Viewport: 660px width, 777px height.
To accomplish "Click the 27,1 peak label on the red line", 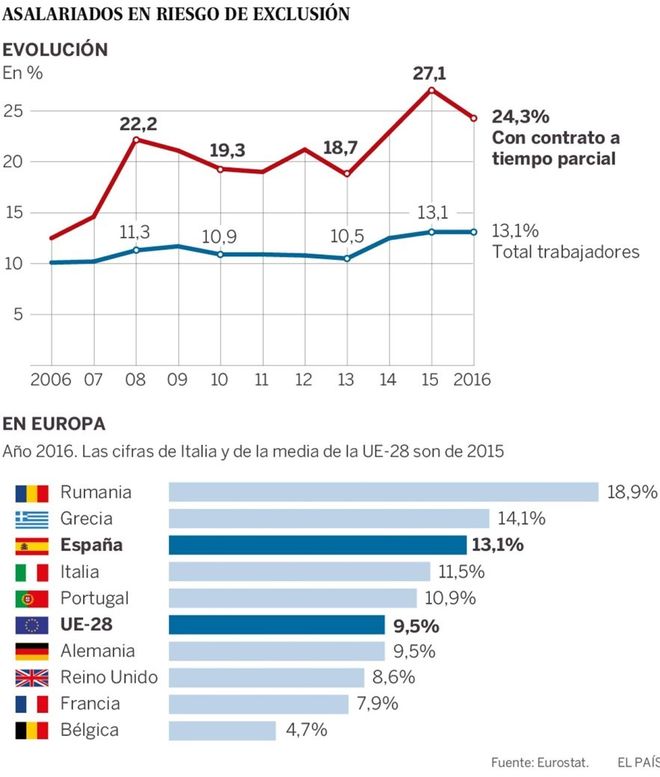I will tap(430, 72).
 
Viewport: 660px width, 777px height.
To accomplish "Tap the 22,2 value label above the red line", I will tap(139, 123).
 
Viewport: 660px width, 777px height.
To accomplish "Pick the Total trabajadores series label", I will tap(566, 251).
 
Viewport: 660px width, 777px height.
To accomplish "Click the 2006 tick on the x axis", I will tap(50, 380).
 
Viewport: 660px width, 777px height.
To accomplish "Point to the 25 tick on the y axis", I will tap(14, 111).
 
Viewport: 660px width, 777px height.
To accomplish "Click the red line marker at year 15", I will tap(431, 90).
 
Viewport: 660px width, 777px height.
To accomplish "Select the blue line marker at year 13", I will tap(346, 258).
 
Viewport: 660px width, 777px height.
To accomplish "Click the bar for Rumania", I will tap(383, 492).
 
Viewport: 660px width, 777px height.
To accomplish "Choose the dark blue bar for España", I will tap(317, 545).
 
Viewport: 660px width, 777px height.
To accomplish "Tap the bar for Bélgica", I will tap(222, 730).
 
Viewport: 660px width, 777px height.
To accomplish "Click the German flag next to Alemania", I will tap(32, 651).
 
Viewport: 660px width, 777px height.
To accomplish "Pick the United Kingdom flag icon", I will tap(32, 677).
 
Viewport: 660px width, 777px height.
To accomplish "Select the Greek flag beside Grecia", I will tap(32, 519).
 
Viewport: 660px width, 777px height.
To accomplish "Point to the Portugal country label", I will tap(94, 597).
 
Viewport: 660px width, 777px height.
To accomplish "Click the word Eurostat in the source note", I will tap(548, 762).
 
